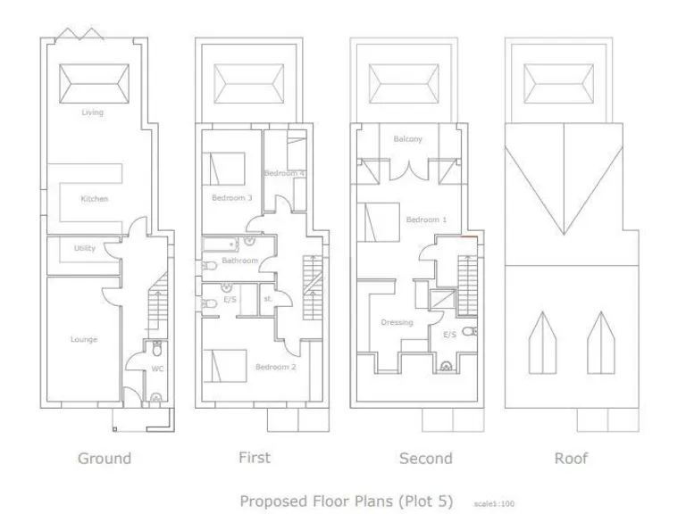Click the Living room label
[x=92, y=112]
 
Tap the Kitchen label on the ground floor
[x=94, y=198]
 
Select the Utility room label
[x=84, y=248]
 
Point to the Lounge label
[x=84, y=339]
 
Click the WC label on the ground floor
[x=156, y=367]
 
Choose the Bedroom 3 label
[x=231, y=197]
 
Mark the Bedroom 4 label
[x=285, y=172]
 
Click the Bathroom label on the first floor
[x=239, y=261]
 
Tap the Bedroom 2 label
[x=275, y=367]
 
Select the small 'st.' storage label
[x=267, y=299]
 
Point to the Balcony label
[x=407, y=139]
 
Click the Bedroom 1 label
[x=426, y=220]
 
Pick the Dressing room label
[x=397, y=322]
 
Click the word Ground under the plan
[x=105, y=459]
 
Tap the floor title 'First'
[x=254, y=458]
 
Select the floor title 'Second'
[x=425, y=459]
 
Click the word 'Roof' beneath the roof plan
[x=572, y=459]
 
